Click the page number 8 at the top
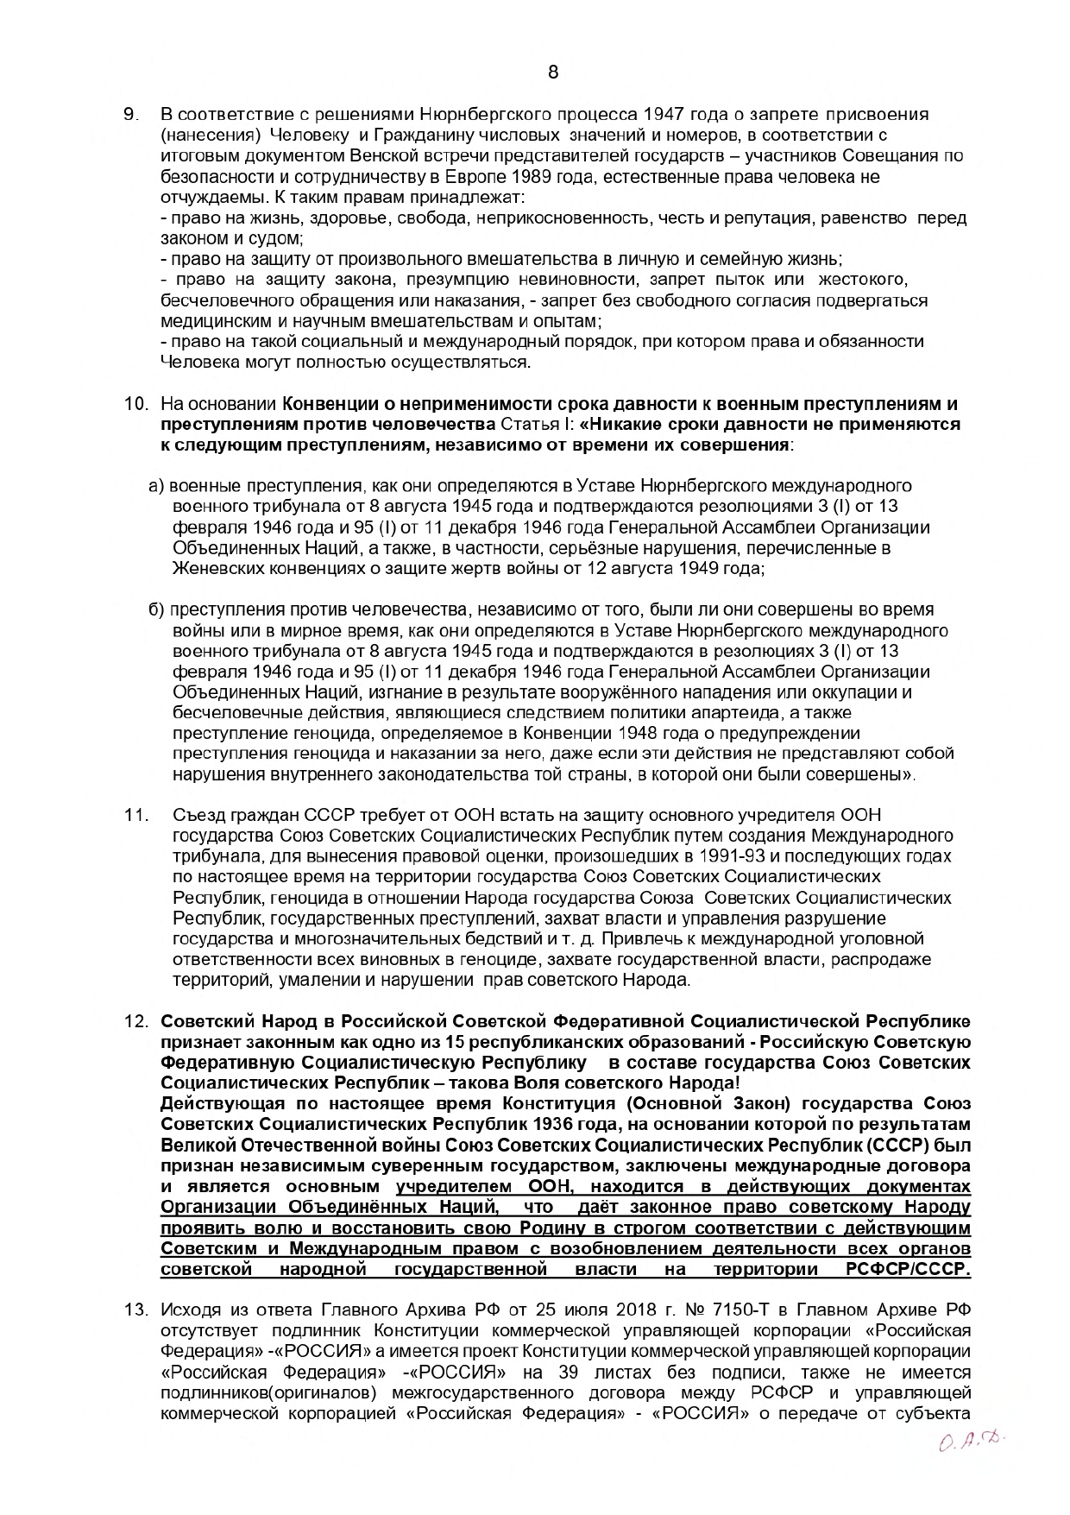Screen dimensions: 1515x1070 (x=553, y=73)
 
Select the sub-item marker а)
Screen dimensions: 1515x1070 (x=157, y=486)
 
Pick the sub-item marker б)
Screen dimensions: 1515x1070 (x=157, y=610)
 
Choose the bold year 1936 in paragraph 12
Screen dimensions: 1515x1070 (x=552, y=1125)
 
